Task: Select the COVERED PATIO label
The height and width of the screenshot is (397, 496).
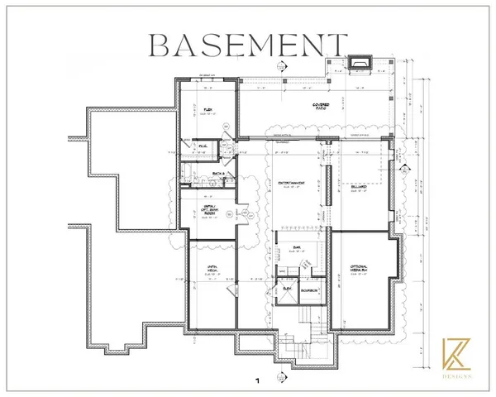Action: click(321, 106)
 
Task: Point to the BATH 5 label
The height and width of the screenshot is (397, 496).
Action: click(218, 173)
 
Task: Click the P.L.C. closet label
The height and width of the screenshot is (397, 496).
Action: click(202, 146)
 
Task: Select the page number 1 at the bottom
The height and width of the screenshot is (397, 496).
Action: click(258, 382)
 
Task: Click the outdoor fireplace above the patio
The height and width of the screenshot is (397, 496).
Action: click(360, 63)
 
